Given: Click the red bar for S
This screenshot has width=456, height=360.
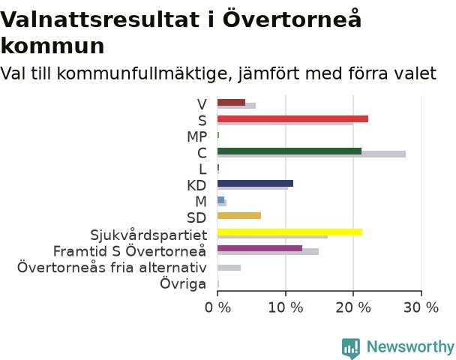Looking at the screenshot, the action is point(292,118).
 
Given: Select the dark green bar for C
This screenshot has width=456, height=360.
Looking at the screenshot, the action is point(289,151).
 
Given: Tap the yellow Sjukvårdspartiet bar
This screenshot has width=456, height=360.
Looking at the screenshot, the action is point(290,232).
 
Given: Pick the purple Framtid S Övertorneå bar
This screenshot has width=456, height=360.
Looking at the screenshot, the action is point(259,248).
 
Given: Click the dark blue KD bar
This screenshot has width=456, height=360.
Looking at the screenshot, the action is point(255,183).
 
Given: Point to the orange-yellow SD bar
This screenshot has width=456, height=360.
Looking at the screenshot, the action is point(239,215).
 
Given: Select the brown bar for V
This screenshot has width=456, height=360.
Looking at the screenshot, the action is point(231,102).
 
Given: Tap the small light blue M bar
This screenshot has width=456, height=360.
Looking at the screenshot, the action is point(220,199).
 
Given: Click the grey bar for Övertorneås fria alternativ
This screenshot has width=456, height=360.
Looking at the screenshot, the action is point(229,268).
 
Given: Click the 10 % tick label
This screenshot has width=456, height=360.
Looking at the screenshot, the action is point(286,307).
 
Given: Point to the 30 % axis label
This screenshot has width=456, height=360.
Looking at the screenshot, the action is point(421,307).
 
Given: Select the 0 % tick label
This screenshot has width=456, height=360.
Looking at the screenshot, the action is point(217,307).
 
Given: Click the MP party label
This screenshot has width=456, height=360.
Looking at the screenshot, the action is point(197,136).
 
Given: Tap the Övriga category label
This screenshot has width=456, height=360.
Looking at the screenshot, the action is point(183,284).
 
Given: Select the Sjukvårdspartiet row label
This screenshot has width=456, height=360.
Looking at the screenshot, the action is point(148,235).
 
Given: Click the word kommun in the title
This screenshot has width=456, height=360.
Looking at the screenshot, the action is point(52,46).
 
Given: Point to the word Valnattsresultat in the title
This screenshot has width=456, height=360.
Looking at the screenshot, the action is point(100,19).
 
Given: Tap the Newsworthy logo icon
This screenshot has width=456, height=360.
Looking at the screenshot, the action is point(351,348).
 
